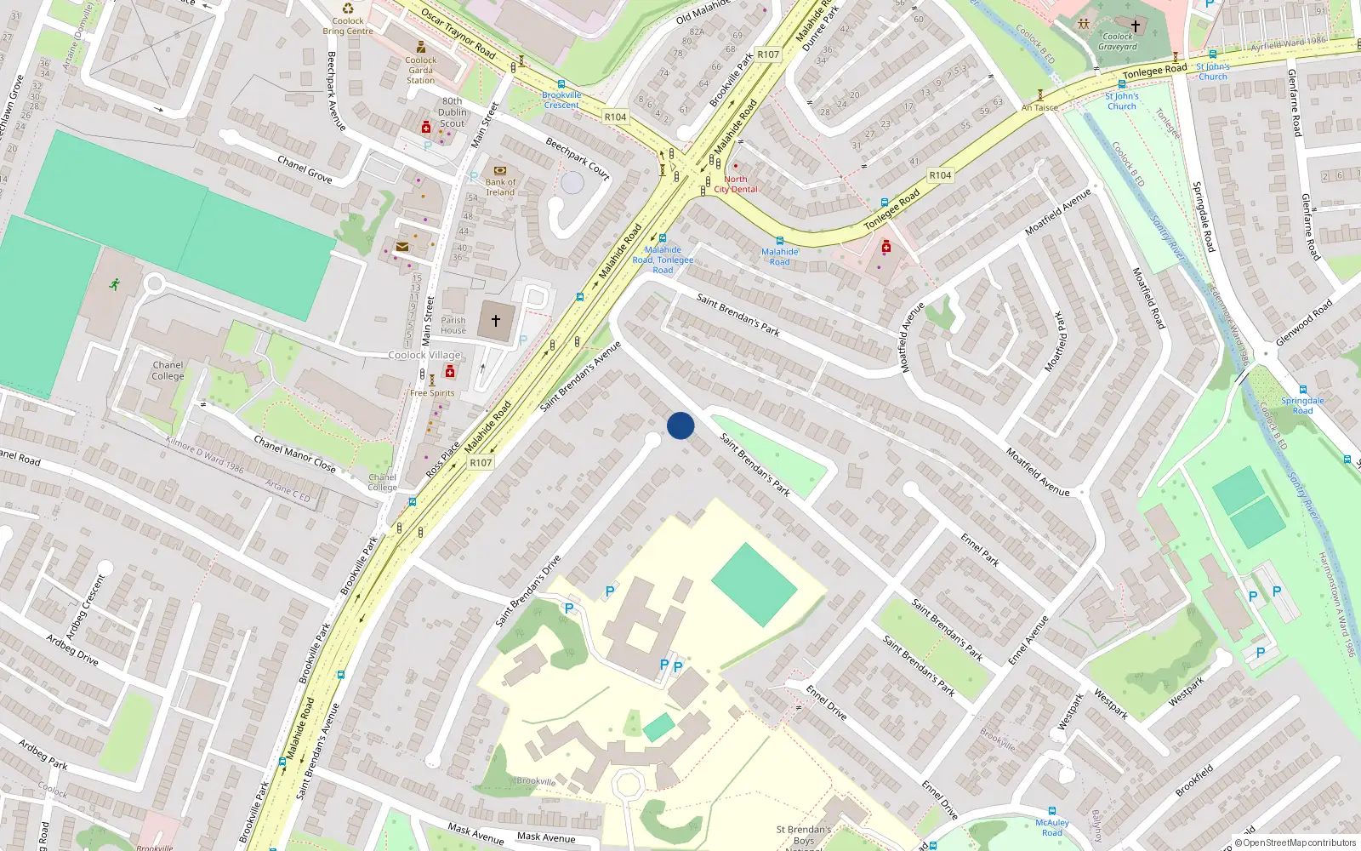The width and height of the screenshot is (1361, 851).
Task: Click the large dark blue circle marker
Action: tap(680, 425)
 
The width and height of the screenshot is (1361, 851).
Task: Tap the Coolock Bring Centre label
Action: tap(347, 26)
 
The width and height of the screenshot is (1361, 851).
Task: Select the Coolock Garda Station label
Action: tap(420, 70)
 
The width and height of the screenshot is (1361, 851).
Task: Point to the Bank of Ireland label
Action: tap(500, 186)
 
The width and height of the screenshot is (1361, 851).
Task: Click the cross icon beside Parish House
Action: tap(495, 321)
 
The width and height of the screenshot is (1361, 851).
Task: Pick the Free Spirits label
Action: tap(432, 393)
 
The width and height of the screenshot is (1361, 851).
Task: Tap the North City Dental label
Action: tap(736, 184)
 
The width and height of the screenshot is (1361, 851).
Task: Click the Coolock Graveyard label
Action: tap(1118, 42)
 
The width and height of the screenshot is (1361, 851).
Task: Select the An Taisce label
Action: tap(1039, 108)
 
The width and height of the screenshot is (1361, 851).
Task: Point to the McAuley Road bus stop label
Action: tap(1052, 827)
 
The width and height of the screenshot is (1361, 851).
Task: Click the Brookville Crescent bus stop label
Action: tap(561, 100)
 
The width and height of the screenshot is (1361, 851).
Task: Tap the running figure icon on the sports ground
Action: tap(115, 284)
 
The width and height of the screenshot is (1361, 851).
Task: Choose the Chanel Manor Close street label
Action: tap(295, 454)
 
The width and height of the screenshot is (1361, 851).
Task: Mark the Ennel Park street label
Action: tap(980, 550)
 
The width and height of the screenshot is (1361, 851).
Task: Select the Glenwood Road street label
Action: tap(1304, 323)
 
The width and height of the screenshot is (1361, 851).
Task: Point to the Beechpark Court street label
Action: tap(578, 158)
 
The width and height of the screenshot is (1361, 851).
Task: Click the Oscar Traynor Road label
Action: tap(458, 34)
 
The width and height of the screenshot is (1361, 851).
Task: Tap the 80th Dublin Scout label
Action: tap(453, 112)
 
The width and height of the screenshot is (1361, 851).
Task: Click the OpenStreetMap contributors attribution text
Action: tap(1296, 843)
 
